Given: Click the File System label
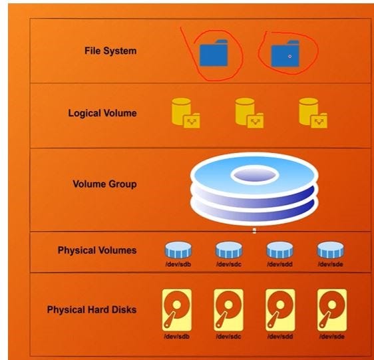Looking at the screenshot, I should (x=110, y=51).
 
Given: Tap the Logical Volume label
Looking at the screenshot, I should (x=102, y=113).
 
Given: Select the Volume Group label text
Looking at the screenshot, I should (x=104, y=184).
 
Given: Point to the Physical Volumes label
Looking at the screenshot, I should (x=97, y=251).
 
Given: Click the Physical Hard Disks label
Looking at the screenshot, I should (x=92, y=310).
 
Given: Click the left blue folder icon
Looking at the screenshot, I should (x=214, y=53).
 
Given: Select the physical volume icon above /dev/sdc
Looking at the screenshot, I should (x=229, y=250).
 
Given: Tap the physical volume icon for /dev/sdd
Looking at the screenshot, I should (x=280, y=250).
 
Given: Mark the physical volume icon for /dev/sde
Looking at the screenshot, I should (x=331, y=250).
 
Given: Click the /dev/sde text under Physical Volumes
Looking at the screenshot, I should (x=331, y=265).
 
